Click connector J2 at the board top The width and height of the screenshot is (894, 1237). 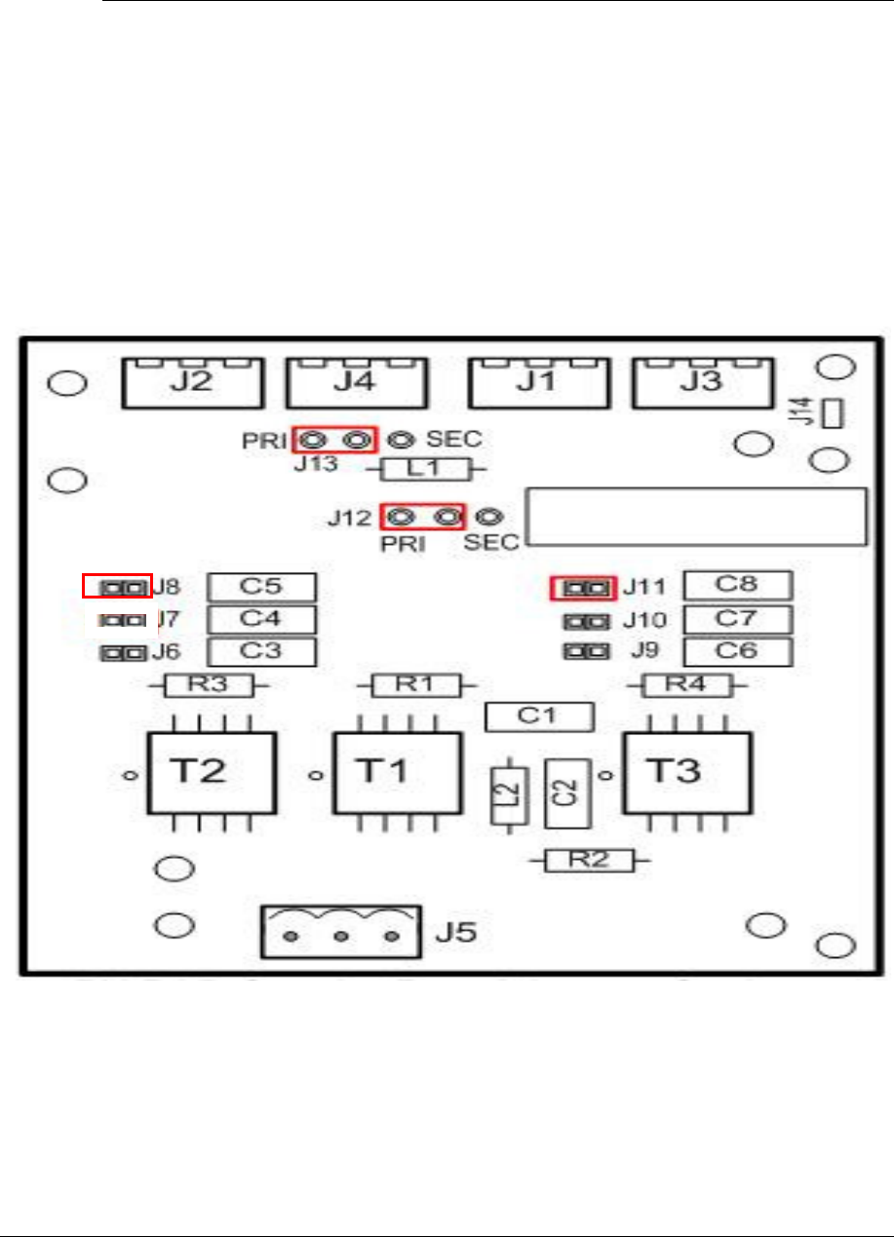tap(192, 382)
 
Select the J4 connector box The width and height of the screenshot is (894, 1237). tap(355, 382)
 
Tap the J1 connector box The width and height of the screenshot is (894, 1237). tap(536, 382)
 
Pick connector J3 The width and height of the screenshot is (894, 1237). tap(701, 382)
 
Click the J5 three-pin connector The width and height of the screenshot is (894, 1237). tap(341, 934)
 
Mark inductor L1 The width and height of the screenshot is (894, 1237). tap(425, 470)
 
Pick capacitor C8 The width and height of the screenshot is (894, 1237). tap(737, 586)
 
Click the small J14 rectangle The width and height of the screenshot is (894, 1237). tap(832, 413)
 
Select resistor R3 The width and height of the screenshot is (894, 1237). tap(210, 685)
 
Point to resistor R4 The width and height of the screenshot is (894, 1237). tap(687, 685)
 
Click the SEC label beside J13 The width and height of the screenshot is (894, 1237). tap(453, 440)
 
